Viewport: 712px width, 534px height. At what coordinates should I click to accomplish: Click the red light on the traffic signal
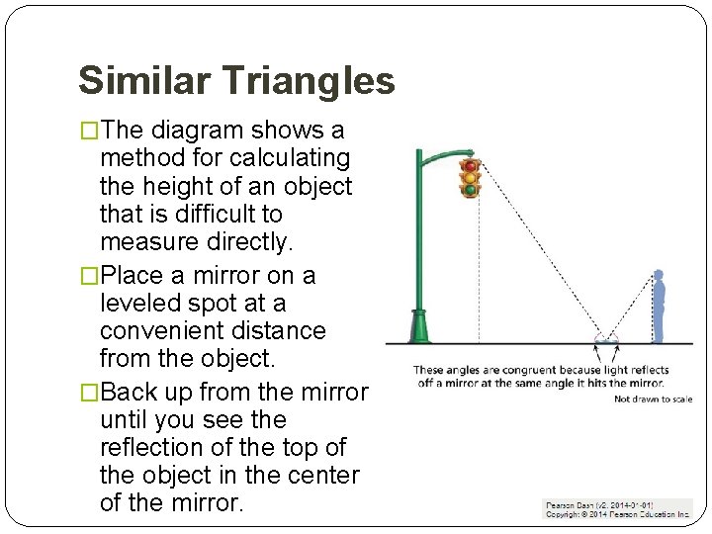[x=470, y=165]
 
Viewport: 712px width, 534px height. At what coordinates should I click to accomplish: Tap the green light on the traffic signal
[x=470, y=189]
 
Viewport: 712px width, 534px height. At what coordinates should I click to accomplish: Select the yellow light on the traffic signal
[x=470, y=177]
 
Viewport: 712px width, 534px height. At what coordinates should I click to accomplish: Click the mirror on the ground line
[x=605, y=342]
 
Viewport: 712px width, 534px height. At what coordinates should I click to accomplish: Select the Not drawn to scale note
[x=653, y=400]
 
